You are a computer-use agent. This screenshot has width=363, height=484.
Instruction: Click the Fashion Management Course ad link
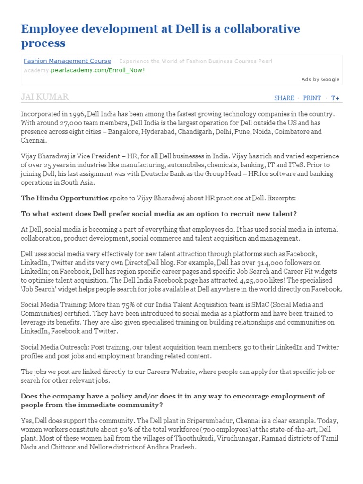point(67,61)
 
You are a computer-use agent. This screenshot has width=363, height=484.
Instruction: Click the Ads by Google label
point(320,79)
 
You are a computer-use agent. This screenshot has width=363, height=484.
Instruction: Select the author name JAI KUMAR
point(45,97)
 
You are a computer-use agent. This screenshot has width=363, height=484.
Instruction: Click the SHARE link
point(284,98)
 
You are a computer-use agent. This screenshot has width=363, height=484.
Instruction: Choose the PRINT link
point(312,98)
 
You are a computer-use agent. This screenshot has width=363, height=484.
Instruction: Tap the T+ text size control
point(335,98)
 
